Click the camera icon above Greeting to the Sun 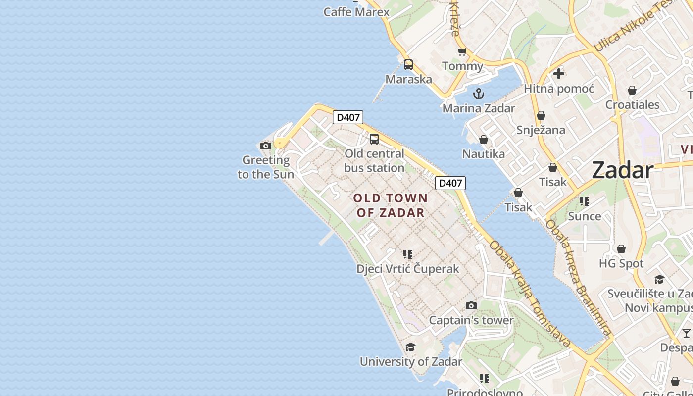[x=266, y=146]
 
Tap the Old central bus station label [x=374, y=161]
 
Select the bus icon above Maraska [x=408, y=64]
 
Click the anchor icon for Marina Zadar [x=479, y=93]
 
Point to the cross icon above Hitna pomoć [x=559, y=74]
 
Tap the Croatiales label [x=632, y=105]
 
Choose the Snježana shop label [x=541, y=130]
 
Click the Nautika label [x=484, y=154]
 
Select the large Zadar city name [x=622, y=170]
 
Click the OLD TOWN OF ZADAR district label [x=391, y=205]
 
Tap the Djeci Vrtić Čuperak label [x=408, y=269]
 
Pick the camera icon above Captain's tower [x=471, y=305]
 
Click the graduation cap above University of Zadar [x=410, y=347]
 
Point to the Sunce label [x=585, y=216]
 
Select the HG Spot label [x=621, y=263]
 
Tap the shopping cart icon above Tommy [x=462, y=51]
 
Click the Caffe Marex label [x=356, y=12]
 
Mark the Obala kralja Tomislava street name [x=530, y=294]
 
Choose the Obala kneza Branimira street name [x=578, y=277]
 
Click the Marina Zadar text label [x=479, y=108]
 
